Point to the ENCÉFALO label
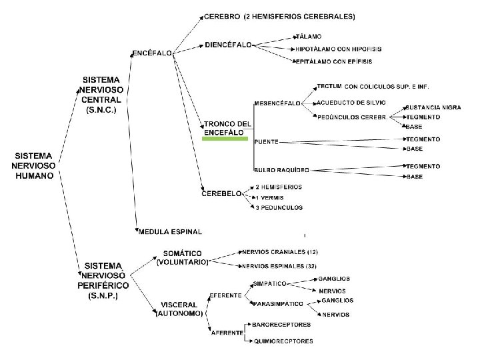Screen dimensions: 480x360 [153, 52]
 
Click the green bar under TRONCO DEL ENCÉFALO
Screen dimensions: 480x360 [227, 139]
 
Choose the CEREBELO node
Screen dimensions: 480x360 [221, 193]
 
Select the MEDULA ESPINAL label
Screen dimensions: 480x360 [169, 232]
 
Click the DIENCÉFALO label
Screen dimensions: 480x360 [229, 45]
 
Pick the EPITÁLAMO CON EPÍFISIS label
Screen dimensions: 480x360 [333, 61]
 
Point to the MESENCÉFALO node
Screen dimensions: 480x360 [277, 103]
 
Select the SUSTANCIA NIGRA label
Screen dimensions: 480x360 [433, 107]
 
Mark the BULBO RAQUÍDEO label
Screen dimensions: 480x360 [281, 169]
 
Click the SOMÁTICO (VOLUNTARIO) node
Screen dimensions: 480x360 [182, 258]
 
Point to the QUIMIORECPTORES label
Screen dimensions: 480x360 [283, 341]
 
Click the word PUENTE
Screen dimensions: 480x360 [267, 141]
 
